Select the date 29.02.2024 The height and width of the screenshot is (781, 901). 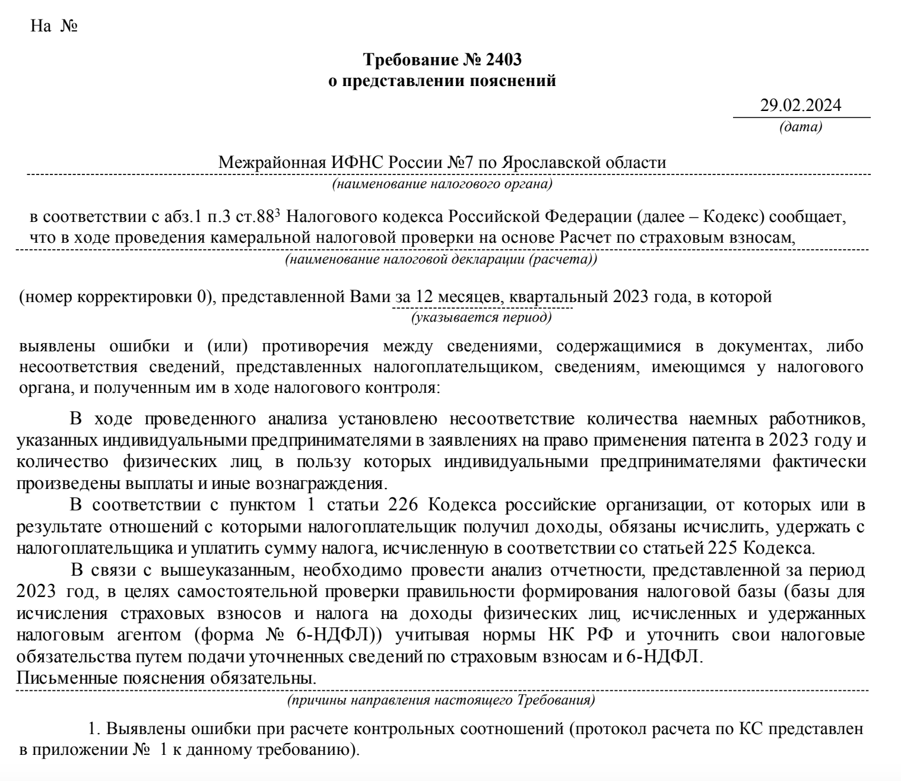coord(801,105)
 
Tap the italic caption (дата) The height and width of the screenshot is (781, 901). coord(801,126)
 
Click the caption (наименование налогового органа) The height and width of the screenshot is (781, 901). coord(442,184)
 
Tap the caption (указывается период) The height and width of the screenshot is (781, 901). coord(481,318)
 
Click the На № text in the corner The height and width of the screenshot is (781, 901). coord(54,27)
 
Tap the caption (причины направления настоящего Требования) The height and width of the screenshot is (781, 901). coord(440,700)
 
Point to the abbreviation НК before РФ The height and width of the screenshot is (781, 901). coord(556,635)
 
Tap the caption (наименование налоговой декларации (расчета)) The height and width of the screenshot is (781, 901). coord(441,259)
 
